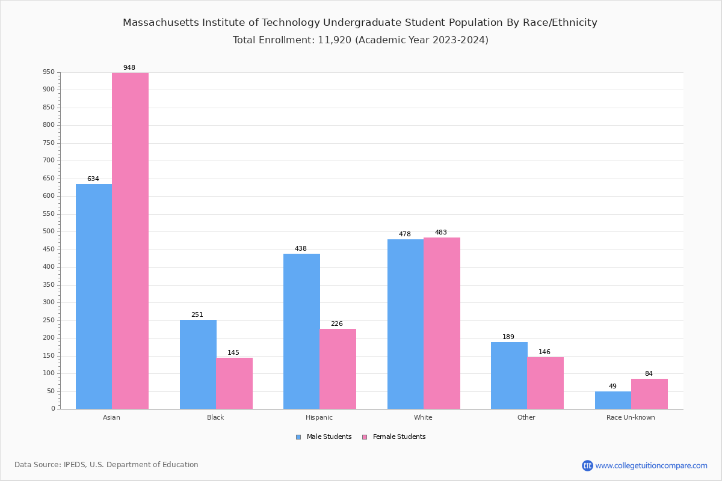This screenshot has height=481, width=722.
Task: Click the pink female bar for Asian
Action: [x=130, y=240]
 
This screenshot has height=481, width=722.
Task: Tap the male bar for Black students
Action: [x=198, y=364]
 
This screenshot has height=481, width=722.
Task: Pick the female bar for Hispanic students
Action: [x=338, y=369]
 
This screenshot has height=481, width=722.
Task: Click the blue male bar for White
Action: [x=406, y=324]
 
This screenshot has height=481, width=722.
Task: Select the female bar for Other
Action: [x=545, y=383]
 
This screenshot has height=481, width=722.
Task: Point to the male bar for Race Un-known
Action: [x=613, y=400]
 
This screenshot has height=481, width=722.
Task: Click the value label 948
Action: [x=129, y=68]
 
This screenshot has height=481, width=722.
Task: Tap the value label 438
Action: [x=301, y=249]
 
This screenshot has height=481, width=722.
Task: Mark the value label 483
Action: [x=441, y=233]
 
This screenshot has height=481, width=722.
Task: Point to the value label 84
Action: [x=649, y=374]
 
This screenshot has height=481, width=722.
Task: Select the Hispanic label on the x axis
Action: [x=319, y=417]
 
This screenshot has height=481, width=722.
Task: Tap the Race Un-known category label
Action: [x=631, y=417]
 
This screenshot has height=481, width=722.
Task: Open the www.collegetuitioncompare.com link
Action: [x=651, y=465]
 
